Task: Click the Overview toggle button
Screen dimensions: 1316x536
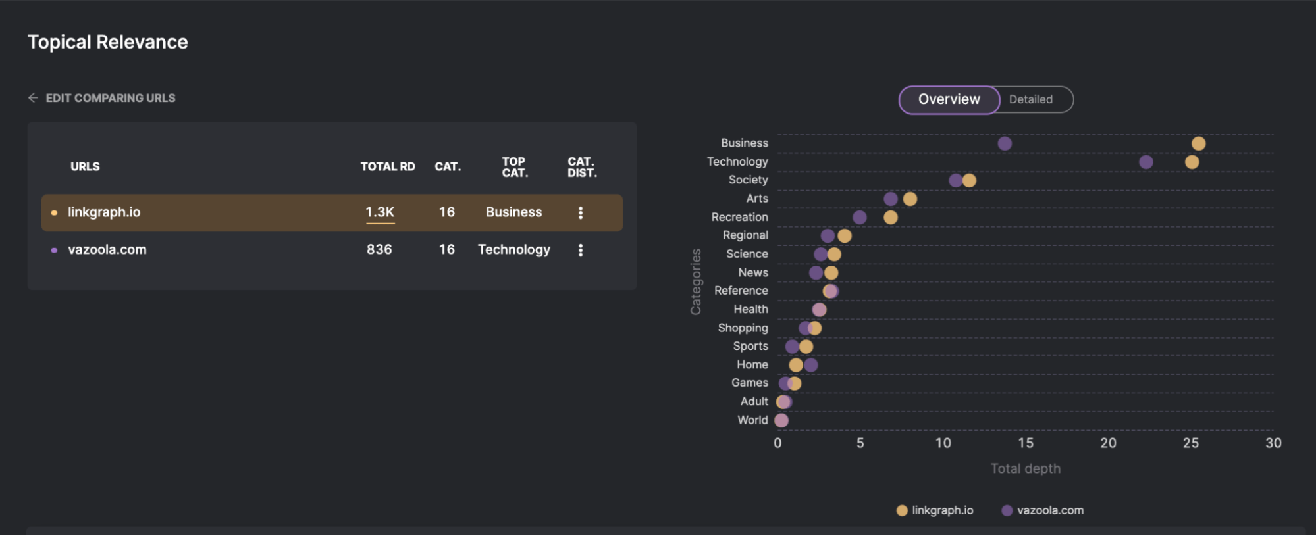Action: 949,100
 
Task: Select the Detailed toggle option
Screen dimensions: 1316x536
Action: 1031,100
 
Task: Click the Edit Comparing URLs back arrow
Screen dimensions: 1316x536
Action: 33,98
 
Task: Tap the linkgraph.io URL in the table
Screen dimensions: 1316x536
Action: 104,212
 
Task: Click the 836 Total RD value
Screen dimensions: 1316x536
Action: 379,250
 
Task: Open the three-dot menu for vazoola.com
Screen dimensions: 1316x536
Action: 581,250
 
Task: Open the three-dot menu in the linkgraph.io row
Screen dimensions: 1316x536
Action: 581,212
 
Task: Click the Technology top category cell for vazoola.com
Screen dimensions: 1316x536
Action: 514,250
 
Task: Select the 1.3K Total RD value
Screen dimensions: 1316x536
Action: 380,212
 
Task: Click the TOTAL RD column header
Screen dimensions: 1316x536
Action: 388,167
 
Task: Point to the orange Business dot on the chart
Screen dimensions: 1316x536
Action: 1198,143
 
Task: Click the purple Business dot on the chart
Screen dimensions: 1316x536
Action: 1005,143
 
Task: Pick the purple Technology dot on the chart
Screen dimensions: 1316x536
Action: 1146,162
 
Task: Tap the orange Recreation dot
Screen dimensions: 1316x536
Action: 891,217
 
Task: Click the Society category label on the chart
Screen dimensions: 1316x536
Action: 749,180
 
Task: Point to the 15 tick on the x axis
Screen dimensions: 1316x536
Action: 1026,443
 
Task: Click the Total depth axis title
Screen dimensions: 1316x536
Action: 1026,469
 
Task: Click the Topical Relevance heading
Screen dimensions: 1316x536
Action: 108,42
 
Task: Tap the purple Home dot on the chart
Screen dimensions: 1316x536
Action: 811,365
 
